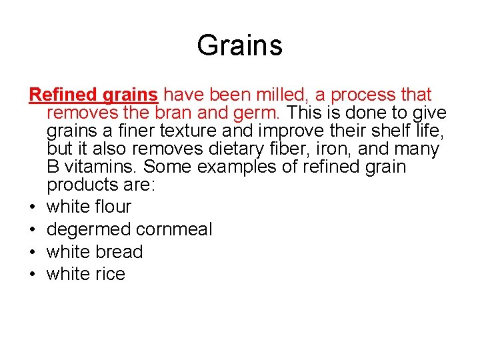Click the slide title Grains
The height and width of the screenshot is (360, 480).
240,46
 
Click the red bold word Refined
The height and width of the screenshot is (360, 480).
63,95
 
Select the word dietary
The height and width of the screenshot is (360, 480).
225,149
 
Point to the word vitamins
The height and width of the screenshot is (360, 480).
101,167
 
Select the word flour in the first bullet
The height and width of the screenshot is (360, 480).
113,207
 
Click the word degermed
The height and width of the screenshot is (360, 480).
89,230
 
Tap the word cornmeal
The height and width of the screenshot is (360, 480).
174,230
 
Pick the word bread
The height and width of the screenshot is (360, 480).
119,253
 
